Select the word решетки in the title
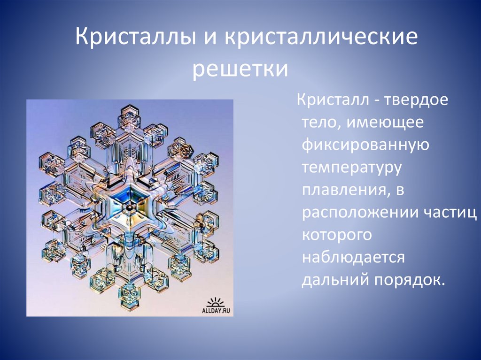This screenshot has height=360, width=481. (240, 69)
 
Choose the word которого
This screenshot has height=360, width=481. (338, 235)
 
